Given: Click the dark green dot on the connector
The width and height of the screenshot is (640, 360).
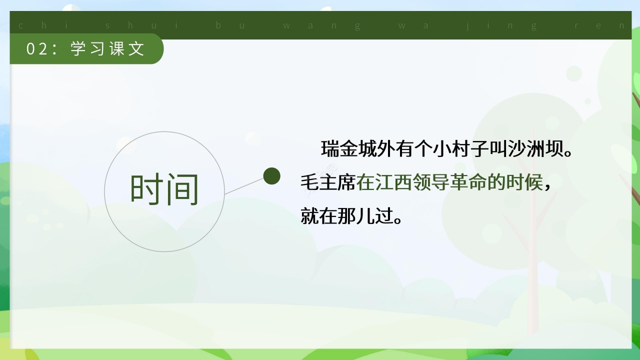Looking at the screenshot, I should (271, 175).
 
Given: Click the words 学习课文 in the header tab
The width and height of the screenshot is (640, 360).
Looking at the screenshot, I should (108, 49).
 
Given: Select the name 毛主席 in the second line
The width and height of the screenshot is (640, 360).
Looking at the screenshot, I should (328, 183).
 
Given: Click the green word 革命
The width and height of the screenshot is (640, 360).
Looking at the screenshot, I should (468, 183).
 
